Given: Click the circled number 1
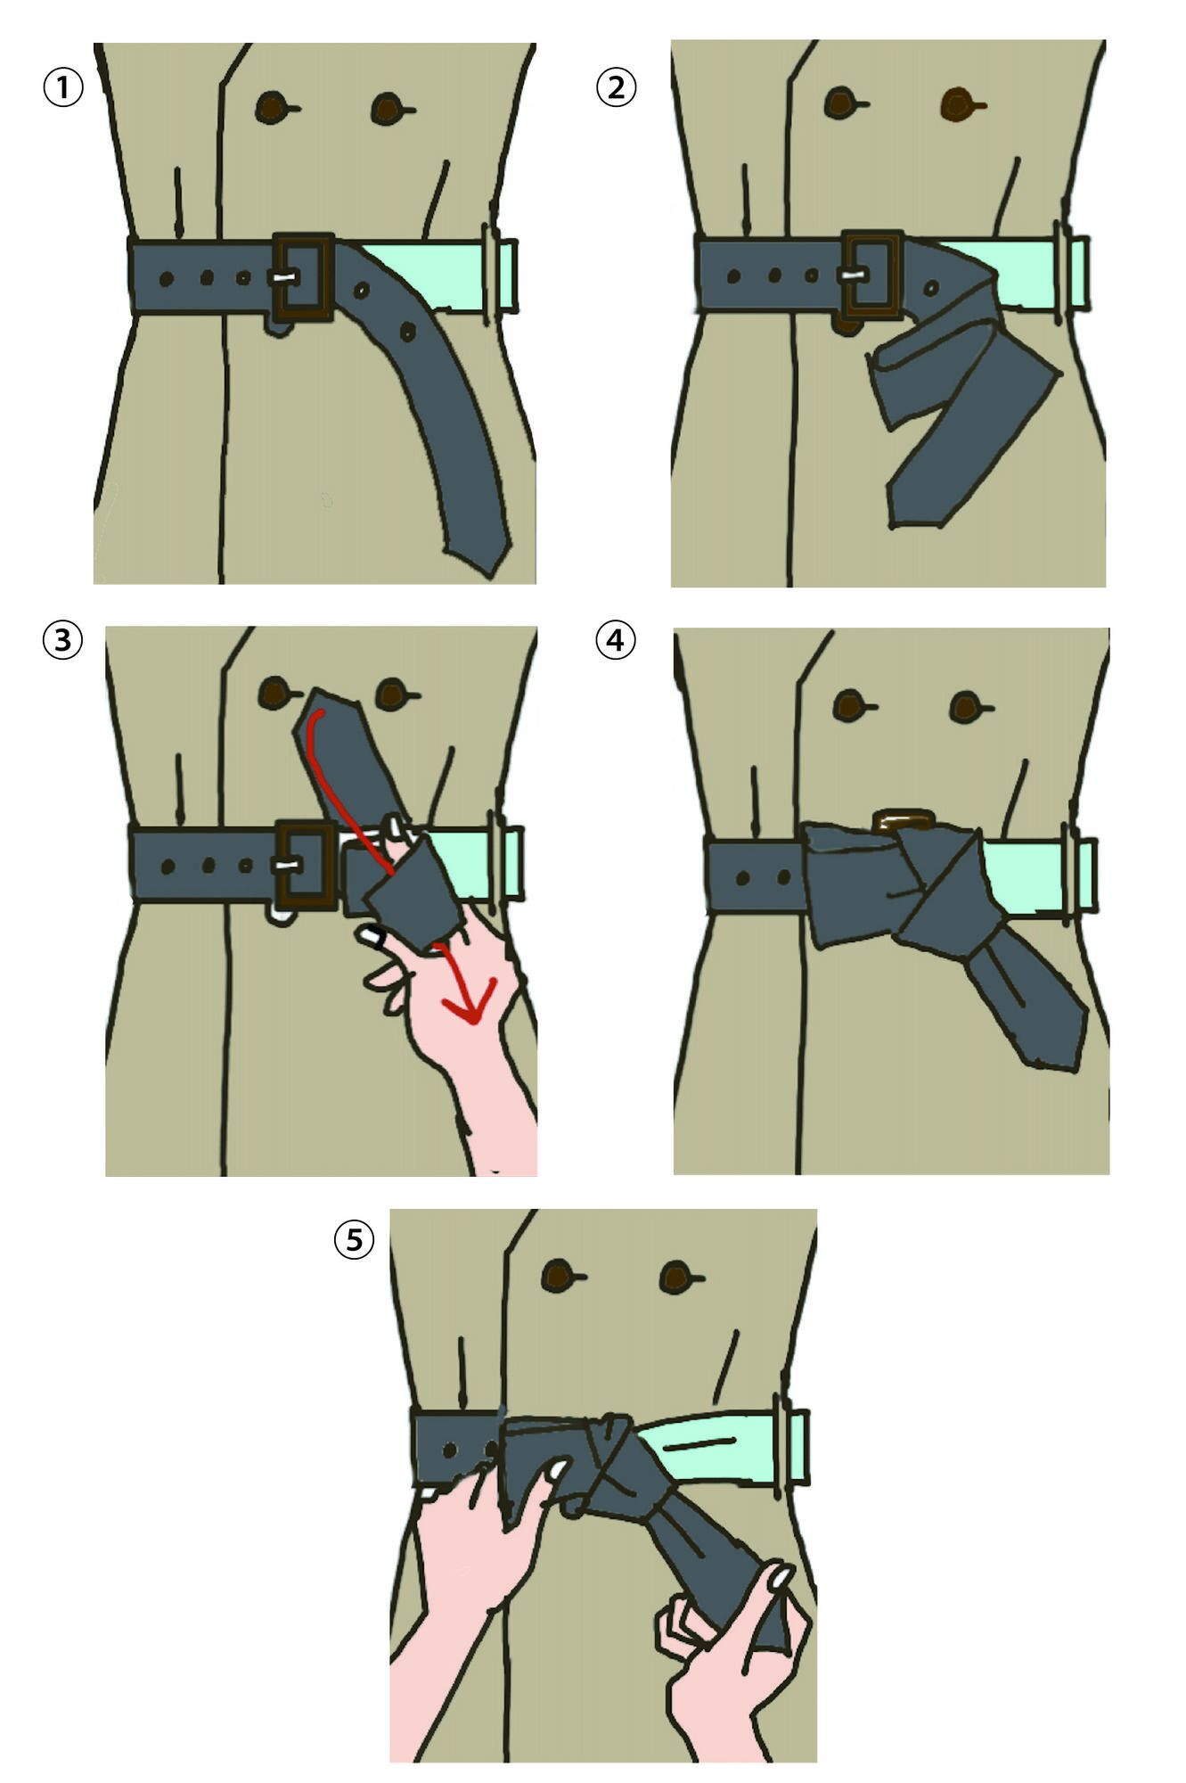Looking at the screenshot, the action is pos(63,88).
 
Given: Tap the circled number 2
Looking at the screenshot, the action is pos(616,87).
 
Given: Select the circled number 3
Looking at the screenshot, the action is pos(63,640).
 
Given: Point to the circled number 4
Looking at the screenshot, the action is pos(616,640).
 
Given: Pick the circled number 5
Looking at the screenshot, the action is pos(355,1239).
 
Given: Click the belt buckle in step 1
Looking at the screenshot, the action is pos(304,277).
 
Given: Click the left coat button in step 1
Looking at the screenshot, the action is pos(273,108).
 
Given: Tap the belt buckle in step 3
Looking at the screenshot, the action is pos(306,866).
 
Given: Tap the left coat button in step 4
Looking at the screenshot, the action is pos(849,706).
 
